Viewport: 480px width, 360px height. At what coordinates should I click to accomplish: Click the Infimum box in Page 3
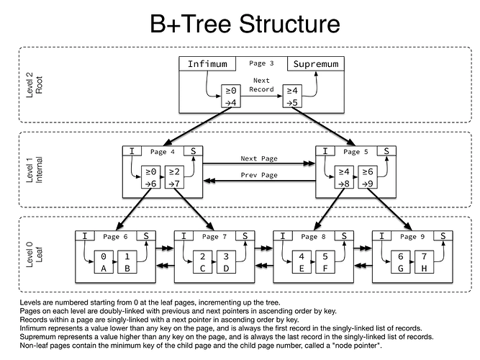tap(207, 64)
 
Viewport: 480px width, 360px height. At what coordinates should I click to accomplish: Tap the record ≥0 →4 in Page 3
tap(230, 96)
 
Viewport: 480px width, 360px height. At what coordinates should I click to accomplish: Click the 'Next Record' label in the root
tap(262, 85)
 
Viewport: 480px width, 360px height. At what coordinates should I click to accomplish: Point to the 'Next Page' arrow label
tap(259, 158)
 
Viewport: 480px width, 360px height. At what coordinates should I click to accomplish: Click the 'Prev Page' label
tap(259, 176)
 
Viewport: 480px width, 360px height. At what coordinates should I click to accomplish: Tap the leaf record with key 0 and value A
tap(105, 263)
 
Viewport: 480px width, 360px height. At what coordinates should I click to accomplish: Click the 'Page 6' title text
tap(115, 236)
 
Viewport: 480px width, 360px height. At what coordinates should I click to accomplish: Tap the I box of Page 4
tap(132, 152)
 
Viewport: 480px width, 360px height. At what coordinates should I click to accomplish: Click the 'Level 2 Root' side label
tap(34, 86)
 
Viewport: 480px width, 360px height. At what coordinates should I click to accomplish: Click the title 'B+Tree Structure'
tap(245, 24)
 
